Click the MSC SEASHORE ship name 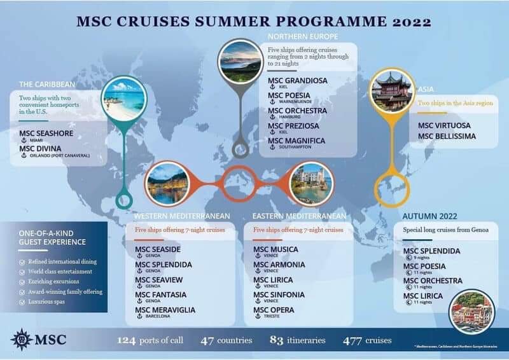pos(46,134)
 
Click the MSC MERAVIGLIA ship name pos(165,310)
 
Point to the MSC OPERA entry pos(275,310)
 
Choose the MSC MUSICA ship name pos(279,249)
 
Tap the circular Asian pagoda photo pos(392,91)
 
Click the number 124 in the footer pos(130,340)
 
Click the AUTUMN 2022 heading pos(434,216)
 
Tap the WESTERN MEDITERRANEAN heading pos(182,216)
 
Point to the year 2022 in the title pos(412,21)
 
